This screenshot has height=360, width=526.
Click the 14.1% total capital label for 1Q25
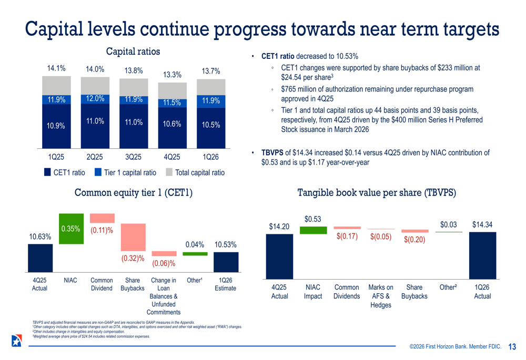(x=56, y=68)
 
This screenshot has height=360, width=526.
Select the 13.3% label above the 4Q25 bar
(x=172, y=75)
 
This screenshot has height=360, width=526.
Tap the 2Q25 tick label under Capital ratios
(x=95, y=157)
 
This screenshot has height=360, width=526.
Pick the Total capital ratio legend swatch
(x=169, y=172)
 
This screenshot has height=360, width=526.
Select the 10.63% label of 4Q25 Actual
(x=40, y=237)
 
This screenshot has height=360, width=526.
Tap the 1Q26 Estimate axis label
(x=225, y=284)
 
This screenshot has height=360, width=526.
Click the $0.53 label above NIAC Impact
(x=313, y=219)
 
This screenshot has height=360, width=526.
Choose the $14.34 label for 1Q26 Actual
(x=482, y=225)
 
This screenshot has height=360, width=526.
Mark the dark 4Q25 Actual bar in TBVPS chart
(x=279, y=256)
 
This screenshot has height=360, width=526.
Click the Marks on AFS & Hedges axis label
(x=381, y=296)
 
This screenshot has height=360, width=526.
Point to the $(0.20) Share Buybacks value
(x=414, y=240)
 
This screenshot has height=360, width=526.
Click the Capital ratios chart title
(x=133, y=52)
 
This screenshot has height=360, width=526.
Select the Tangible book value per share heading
(x=377, y=193)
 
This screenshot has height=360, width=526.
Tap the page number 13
(x=512, y=346)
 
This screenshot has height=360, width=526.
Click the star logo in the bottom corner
(x=16, y=341)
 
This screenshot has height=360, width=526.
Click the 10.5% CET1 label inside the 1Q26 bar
(x=210, y=125)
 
